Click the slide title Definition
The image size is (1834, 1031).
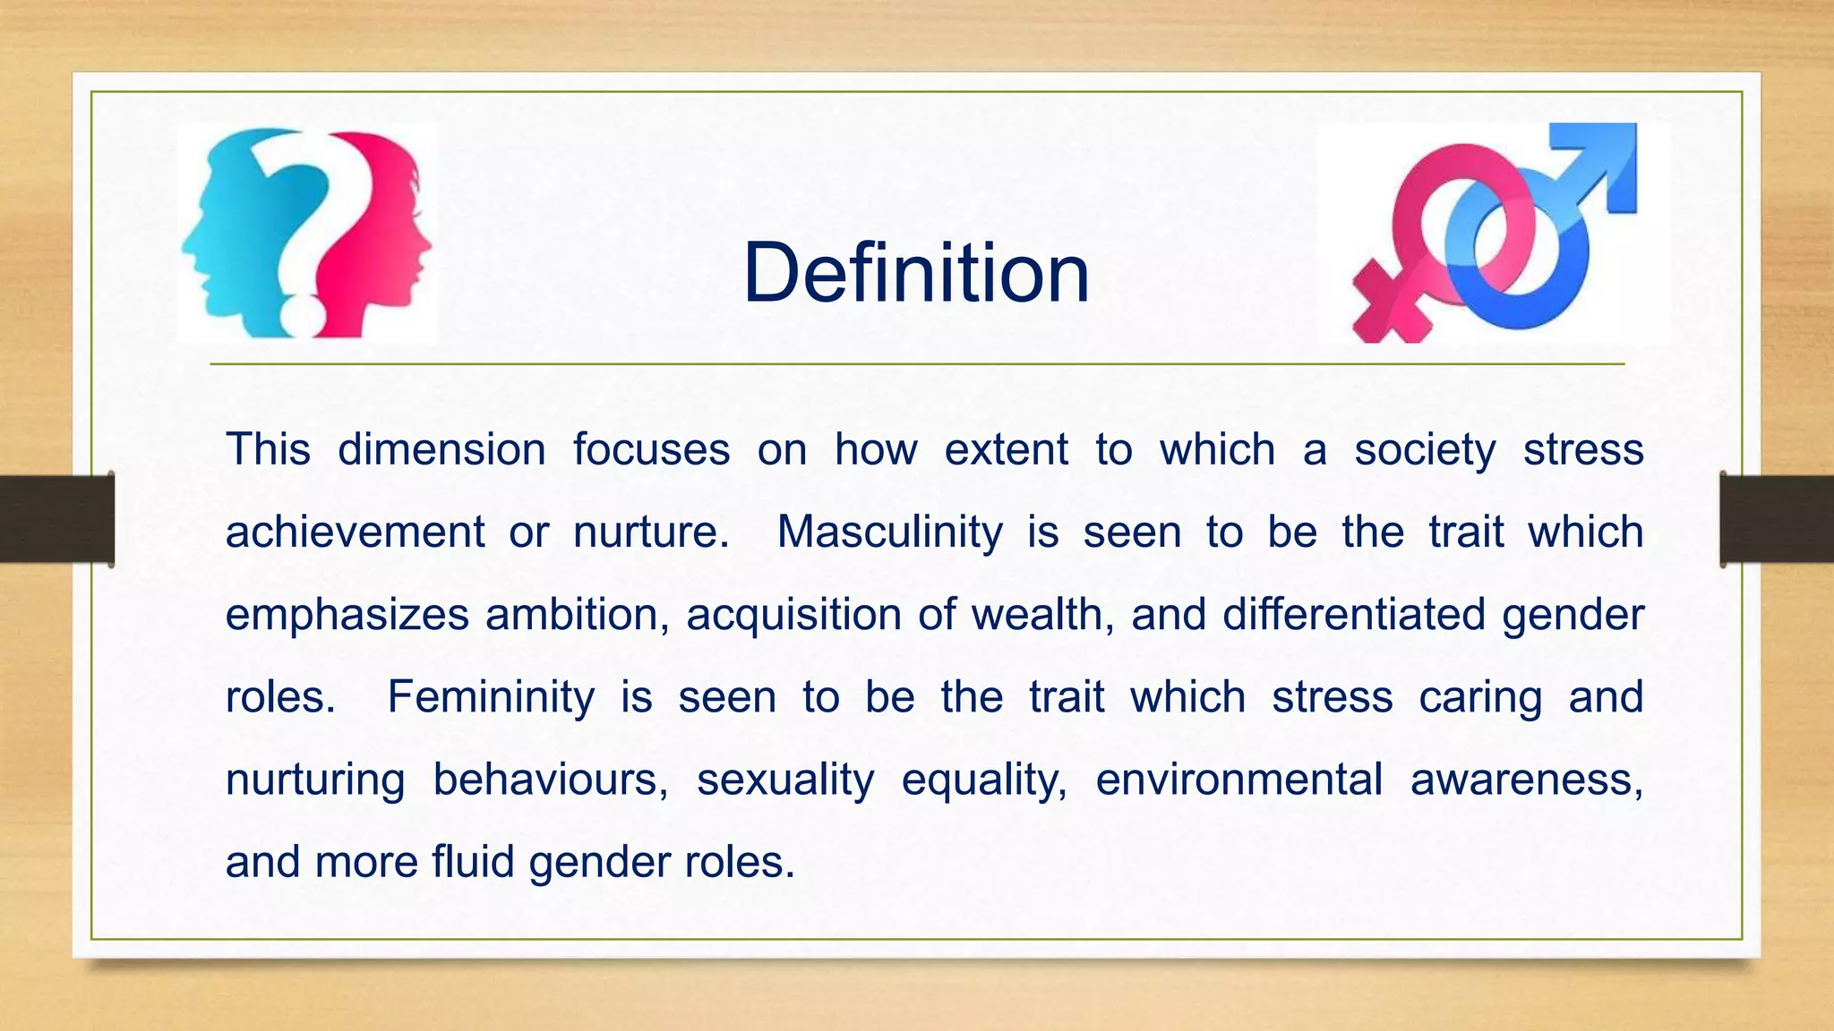(916, 273)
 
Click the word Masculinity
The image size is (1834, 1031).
(889, 532)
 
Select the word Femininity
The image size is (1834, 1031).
(490, 697)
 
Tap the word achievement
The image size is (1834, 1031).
(355, 532)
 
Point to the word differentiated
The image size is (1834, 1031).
(1353, 615)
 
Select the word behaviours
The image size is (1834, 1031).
(550, 780)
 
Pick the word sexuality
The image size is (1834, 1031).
(784, 780)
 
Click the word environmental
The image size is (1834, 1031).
(1238, 780)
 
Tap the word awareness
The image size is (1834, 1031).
(1526, 780)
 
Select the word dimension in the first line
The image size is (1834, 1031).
(441, 449)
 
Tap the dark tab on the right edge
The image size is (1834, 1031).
(1777, 519)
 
